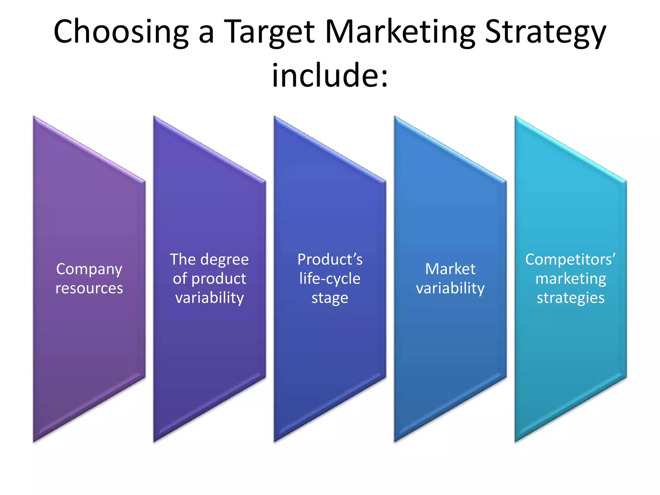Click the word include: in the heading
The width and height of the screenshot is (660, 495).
[330, 76]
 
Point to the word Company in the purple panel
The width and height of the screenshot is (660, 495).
[89, 269]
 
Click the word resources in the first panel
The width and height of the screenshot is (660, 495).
[89, 288]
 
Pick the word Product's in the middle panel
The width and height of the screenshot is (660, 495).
[330, 259]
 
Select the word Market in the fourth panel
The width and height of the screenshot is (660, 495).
[450, 269]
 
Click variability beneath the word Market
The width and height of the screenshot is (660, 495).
[450, 288]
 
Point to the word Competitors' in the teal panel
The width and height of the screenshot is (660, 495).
[570, 259]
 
